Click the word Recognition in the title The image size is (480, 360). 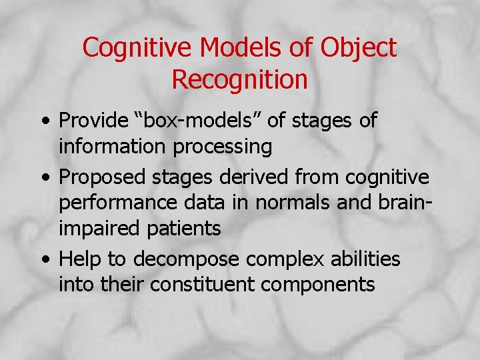(x=239, y=79)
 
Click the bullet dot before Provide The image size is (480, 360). (x=43, y=122)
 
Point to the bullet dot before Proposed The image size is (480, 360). (x=43, y=178)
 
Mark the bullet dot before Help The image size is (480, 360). (x=43, y=259)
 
